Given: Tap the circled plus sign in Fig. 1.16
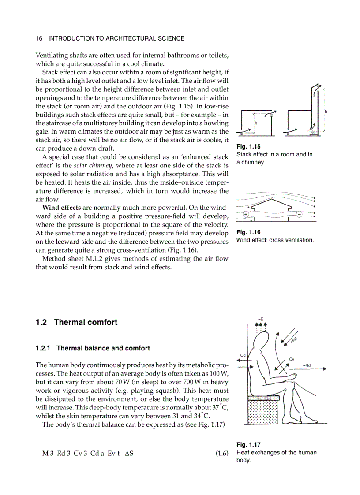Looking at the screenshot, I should pos(246,214).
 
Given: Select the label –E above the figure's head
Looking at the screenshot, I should pos(261,319).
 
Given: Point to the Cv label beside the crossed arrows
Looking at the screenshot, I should pos(292,359).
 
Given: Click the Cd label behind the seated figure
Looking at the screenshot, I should pos(243,355).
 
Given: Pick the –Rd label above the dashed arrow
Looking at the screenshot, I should pos(307,365).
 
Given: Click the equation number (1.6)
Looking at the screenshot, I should pos(222,453).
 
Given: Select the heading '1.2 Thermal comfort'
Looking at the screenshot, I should pos(77,322).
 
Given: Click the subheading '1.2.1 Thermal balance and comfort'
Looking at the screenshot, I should pos(93,348).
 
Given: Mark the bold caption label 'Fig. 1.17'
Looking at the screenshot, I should pos(249,445).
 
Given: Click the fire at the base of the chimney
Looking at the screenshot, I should pos(314,131).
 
